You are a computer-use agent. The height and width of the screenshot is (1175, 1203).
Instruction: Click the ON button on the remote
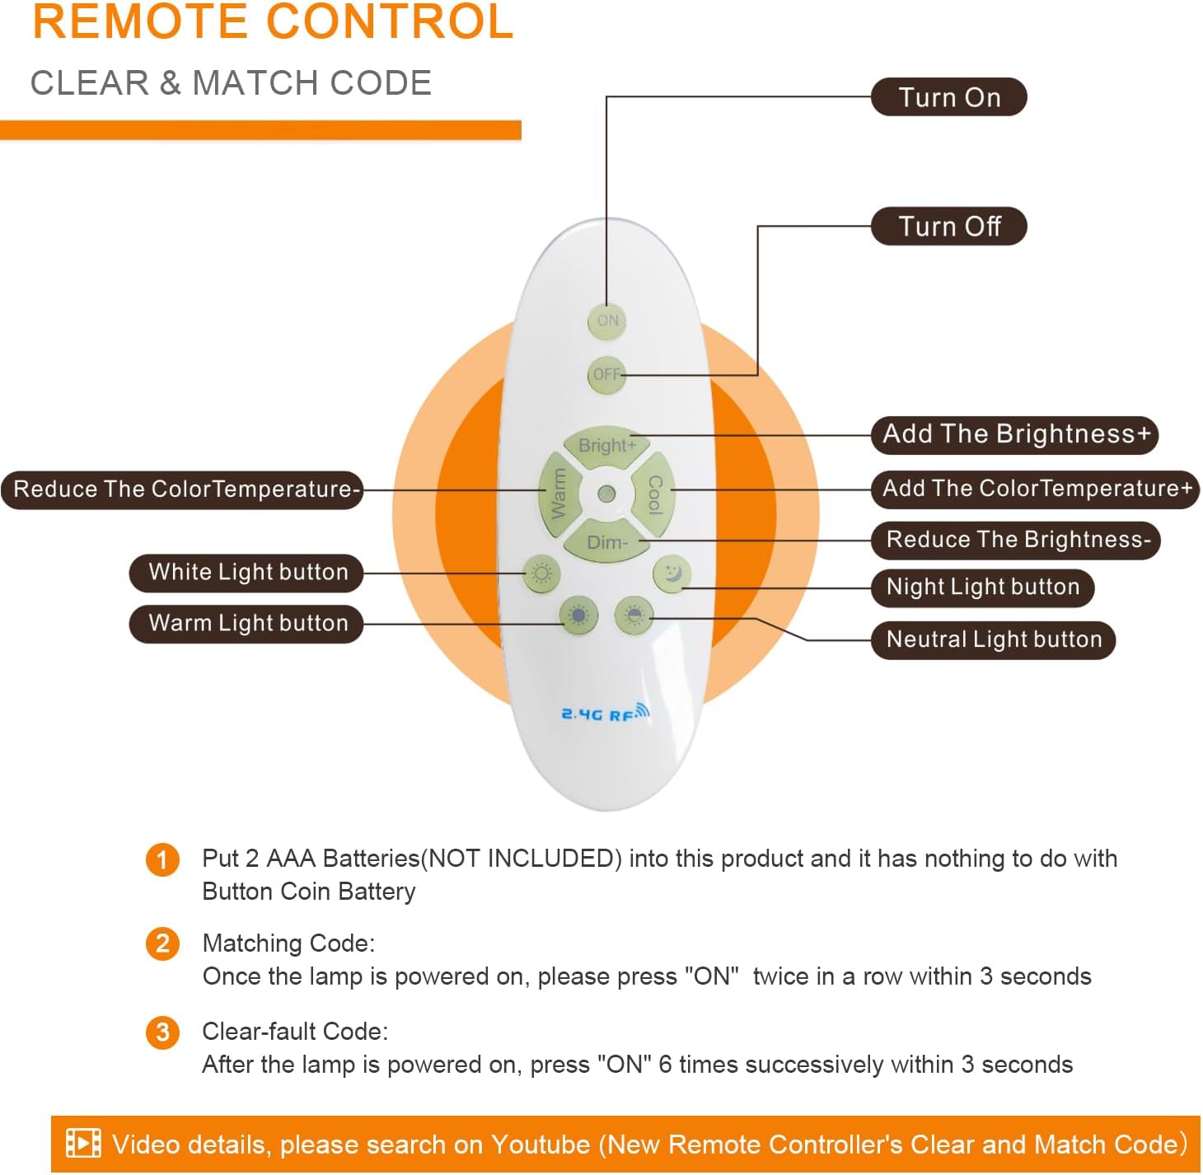[606, 321]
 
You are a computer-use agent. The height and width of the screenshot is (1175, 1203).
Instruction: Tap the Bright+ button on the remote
[606, 446]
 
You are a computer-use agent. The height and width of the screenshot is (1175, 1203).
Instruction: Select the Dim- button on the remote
[606, 542]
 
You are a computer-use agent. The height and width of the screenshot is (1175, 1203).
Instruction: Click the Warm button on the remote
[559, 494]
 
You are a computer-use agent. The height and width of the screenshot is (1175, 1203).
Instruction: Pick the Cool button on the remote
[654, 494]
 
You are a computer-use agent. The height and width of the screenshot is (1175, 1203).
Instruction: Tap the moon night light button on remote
[672, 573]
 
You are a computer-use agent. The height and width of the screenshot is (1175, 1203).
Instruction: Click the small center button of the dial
[606, 494]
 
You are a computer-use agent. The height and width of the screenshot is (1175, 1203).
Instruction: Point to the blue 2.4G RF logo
[606, 713]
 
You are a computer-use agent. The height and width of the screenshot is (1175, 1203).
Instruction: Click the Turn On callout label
[948, 97]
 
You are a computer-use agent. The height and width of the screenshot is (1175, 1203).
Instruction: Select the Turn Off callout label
[948, 227]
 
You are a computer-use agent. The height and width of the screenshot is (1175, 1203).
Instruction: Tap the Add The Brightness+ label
[1014, 435]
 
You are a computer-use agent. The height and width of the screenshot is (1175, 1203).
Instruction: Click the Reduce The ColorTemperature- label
[182, 490]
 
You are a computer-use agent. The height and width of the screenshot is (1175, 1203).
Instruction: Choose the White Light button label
[246, 573]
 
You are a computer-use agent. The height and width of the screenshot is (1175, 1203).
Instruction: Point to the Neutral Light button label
[993, 640]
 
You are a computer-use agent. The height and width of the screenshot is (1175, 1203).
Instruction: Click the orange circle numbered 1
[162, 859]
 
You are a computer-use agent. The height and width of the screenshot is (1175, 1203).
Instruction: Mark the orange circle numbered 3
[162, 1032]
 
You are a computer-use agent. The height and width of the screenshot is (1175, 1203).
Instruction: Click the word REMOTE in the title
[140, 21]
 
